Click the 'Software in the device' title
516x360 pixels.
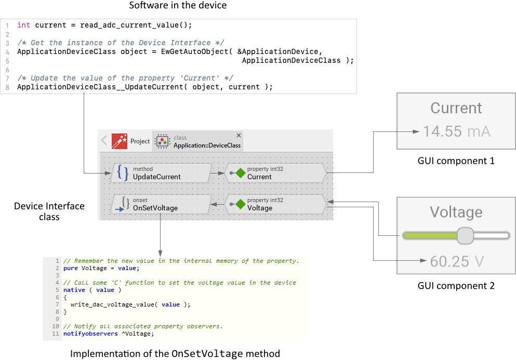click(178, 6)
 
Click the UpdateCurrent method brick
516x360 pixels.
click(161, 173)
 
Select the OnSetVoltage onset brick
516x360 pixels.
click(161, 204)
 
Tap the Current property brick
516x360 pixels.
click(275, 173)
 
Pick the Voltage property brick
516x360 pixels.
click(275, 204)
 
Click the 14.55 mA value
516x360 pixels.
click(456, 131)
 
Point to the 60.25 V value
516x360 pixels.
click(456, 261)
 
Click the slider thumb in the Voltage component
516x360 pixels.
click(465, 235)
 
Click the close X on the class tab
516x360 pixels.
click(239, 135)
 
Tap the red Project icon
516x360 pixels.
click(120, 141)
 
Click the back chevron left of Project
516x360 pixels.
click(104, 141)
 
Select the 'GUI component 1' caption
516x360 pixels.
click(456, 161)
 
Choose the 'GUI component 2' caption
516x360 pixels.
click(456, 286)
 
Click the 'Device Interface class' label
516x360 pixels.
click(49, 211)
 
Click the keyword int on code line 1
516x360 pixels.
click(23, 25)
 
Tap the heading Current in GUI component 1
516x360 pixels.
click(456, 108)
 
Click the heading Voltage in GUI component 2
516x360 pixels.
click(456, 212)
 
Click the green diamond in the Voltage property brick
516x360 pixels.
click(240, 205)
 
